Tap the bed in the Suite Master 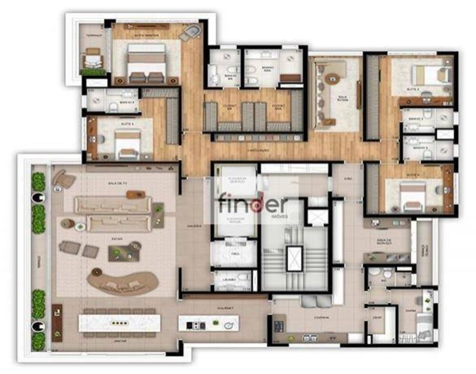click(146, 62)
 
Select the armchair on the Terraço click(92, 59)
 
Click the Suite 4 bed click(128, 143)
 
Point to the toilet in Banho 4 click(113, 107)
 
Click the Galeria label click(193, 226)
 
